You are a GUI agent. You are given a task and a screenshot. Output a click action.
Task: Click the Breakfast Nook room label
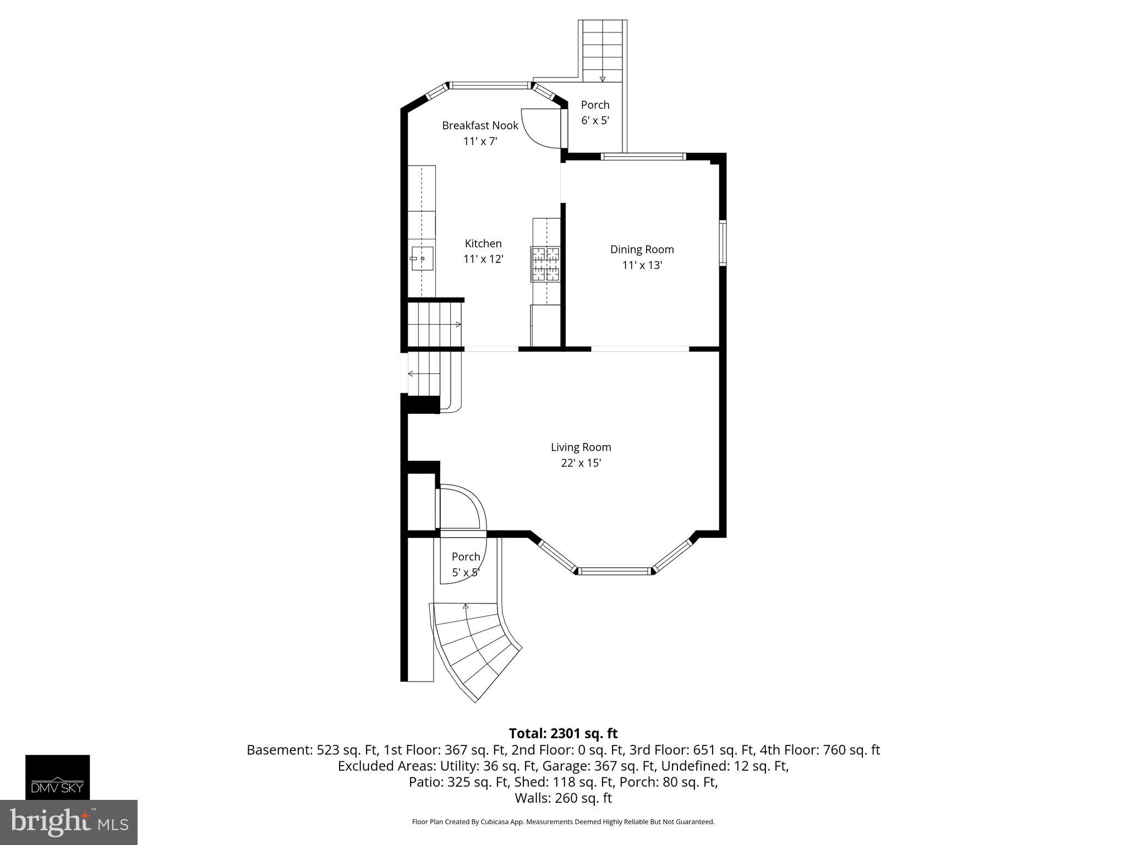pos(480,125)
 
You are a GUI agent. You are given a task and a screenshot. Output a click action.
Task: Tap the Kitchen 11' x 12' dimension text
pos(483,259)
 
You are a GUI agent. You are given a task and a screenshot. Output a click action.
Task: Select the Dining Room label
pos(642,249)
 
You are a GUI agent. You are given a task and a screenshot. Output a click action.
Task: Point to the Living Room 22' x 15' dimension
pos(581,463)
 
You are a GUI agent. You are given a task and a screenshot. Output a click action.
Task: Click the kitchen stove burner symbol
pos(545,264)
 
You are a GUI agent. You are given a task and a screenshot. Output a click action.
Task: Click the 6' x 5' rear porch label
pos(595,120)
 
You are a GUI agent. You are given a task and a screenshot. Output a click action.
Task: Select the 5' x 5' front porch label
pos(466,573)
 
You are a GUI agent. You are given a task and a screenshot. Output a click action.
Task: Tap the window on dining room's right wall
pos(723,243)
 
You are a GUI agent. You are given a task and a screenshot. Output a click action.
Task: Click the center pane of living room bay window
pos(615,571)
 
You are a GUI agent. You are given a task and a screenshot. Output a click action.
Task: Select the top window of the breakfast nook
pos(489,85)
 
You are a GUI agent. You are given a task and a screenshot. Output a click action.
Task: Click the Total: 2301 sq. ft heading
pos(563,733)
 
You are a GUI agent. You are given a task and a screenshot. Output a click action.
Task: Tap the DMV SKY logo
pos(57,776)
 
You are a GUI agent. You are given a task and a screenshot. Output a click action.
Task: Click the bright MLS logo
pos(69,822)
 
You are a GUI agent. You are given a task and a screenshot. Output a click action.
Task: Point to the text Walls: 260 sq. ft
pos(563,798)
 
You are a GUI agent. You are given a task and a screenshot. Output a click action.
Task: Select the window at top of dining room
pos(643,157)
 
